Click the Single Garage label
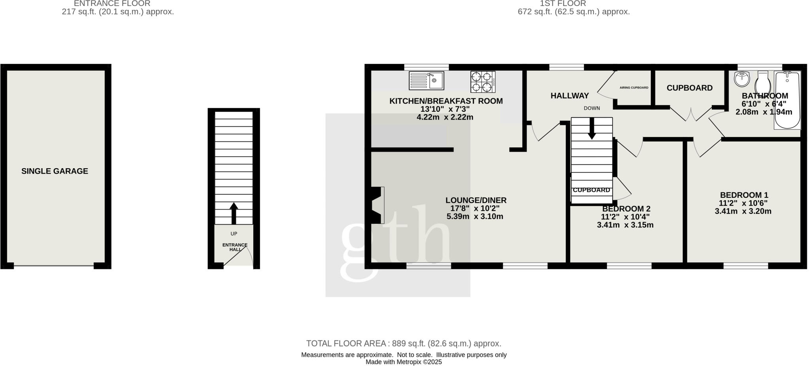55,171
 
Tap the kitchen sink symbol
426,81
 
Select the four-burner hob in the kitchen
483,82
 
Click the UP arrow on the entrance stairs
233,213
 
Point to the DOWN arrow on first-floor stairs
592,129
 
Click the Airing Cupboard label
634,88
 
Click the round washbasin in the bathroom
742,79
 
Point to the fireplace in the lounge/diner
376,205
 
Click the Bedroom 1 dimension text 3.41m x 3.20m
743,211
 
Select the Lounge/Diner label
476,200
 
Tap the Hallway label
569,96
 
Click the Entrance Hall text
235,247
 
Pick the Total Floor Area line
403,343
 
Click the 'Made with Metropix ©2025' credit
403,362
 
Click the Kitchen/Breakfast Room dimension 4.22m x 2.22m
445,117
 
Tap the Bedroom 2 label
626,208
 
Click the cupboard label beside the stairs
591,190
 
